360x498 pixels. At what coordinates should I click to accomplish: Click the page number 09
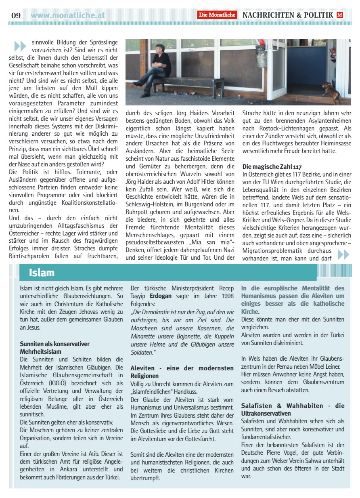16,16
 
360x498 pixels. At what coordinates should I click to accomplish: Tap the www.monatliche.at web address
68,15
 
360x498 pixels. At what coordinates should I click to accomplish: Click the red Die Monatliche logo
217,15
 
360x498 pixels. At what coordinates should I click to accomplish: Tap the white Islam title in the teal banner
42,273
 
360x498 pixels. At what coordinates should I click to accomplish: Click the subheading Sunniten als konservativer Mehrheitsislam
55,347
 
